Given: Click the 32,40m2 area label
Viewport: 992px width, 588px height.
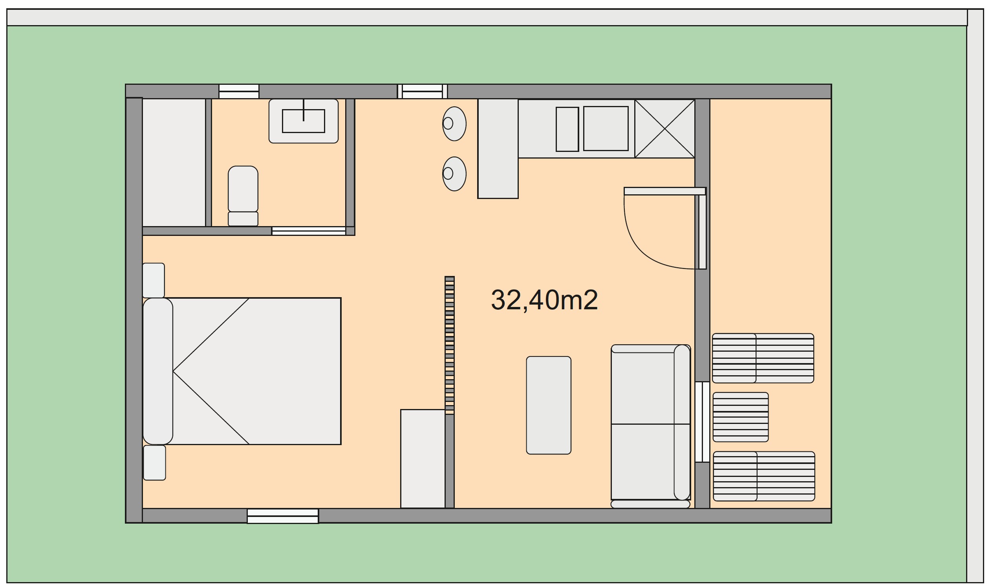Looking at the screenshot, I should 544,300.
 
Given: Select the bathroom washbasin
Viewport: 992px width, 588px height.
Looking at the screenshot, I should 303,121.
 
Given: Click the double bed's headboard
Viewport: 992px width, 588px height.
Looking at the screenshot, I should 158,371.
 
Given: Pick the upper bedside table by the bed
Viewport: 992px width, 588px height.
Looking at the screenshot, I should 154,280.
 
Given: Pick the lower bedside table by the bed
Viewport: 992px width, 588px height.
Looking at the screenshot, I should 154,462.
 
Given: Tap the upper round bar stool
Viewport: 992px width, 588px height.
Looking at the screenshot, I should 454,124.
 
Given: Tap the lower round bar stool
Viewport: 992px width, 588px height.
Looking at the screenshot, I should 454,173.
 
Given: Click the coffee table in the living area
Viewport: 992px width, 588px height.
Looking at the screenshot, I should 548,405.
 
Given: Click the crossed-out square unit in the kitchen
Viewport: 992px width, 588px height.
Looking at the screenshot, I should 664,129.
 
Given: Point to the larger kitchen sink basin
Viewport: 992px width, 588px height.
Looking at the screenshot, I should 605,128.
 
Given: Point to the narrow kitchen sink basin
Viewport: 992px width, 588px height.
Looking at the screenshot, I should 567,129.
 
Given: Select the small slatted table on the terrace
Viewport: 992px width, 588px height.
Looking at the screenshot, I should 740,417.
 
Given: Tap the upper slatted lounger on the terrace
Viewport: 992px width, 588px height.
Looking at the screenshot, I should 763,358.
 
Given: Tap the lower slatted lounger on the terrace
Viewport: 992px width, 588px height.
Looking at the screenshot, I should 763,476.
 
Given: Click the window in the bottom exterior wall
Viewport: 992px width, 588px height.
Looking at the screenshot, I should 282,516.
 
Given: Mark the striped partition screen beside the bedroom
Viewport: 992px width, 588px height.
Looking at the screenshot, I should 449,345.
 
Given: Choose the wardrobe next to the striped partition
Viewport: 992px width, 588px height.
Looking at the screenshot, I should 423,458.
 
